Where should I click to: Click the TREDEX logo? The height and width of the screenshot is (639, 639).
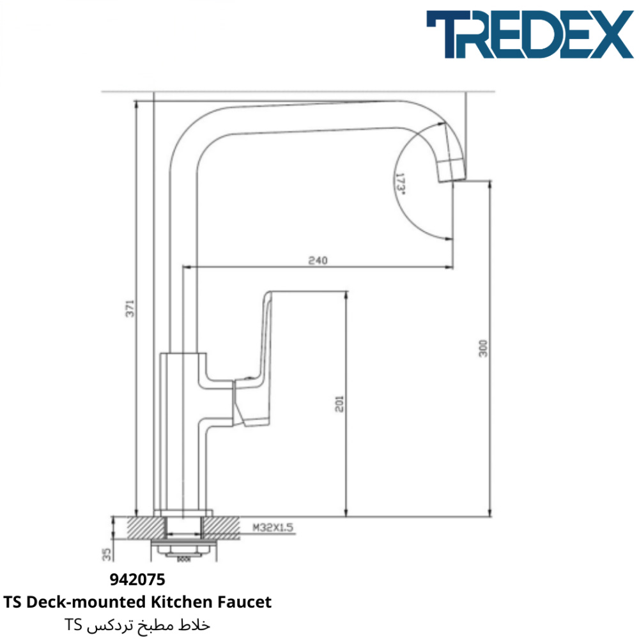pos(529,35)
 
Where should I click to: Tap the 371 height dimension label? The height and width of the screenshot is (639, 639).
pos(130,309)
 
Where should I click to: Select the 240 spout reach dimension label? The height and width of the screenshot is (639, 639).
pos(318,260)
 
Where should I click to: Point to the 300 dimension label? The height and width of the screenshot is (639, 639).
pos(483,348)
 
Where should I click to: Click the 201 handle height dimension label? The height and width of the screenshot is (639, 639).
pos(339,404)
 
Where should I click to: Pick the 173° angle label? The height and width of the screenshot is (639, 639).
pos(400,184)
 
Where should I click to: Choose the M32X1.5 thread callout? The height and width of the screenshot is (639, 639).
pos(273,527)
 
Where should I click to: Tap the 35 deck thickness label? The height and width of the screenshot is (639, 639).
pos(106,554)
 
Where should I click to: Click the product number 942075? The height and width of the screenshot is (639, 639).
pos(137,580)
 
